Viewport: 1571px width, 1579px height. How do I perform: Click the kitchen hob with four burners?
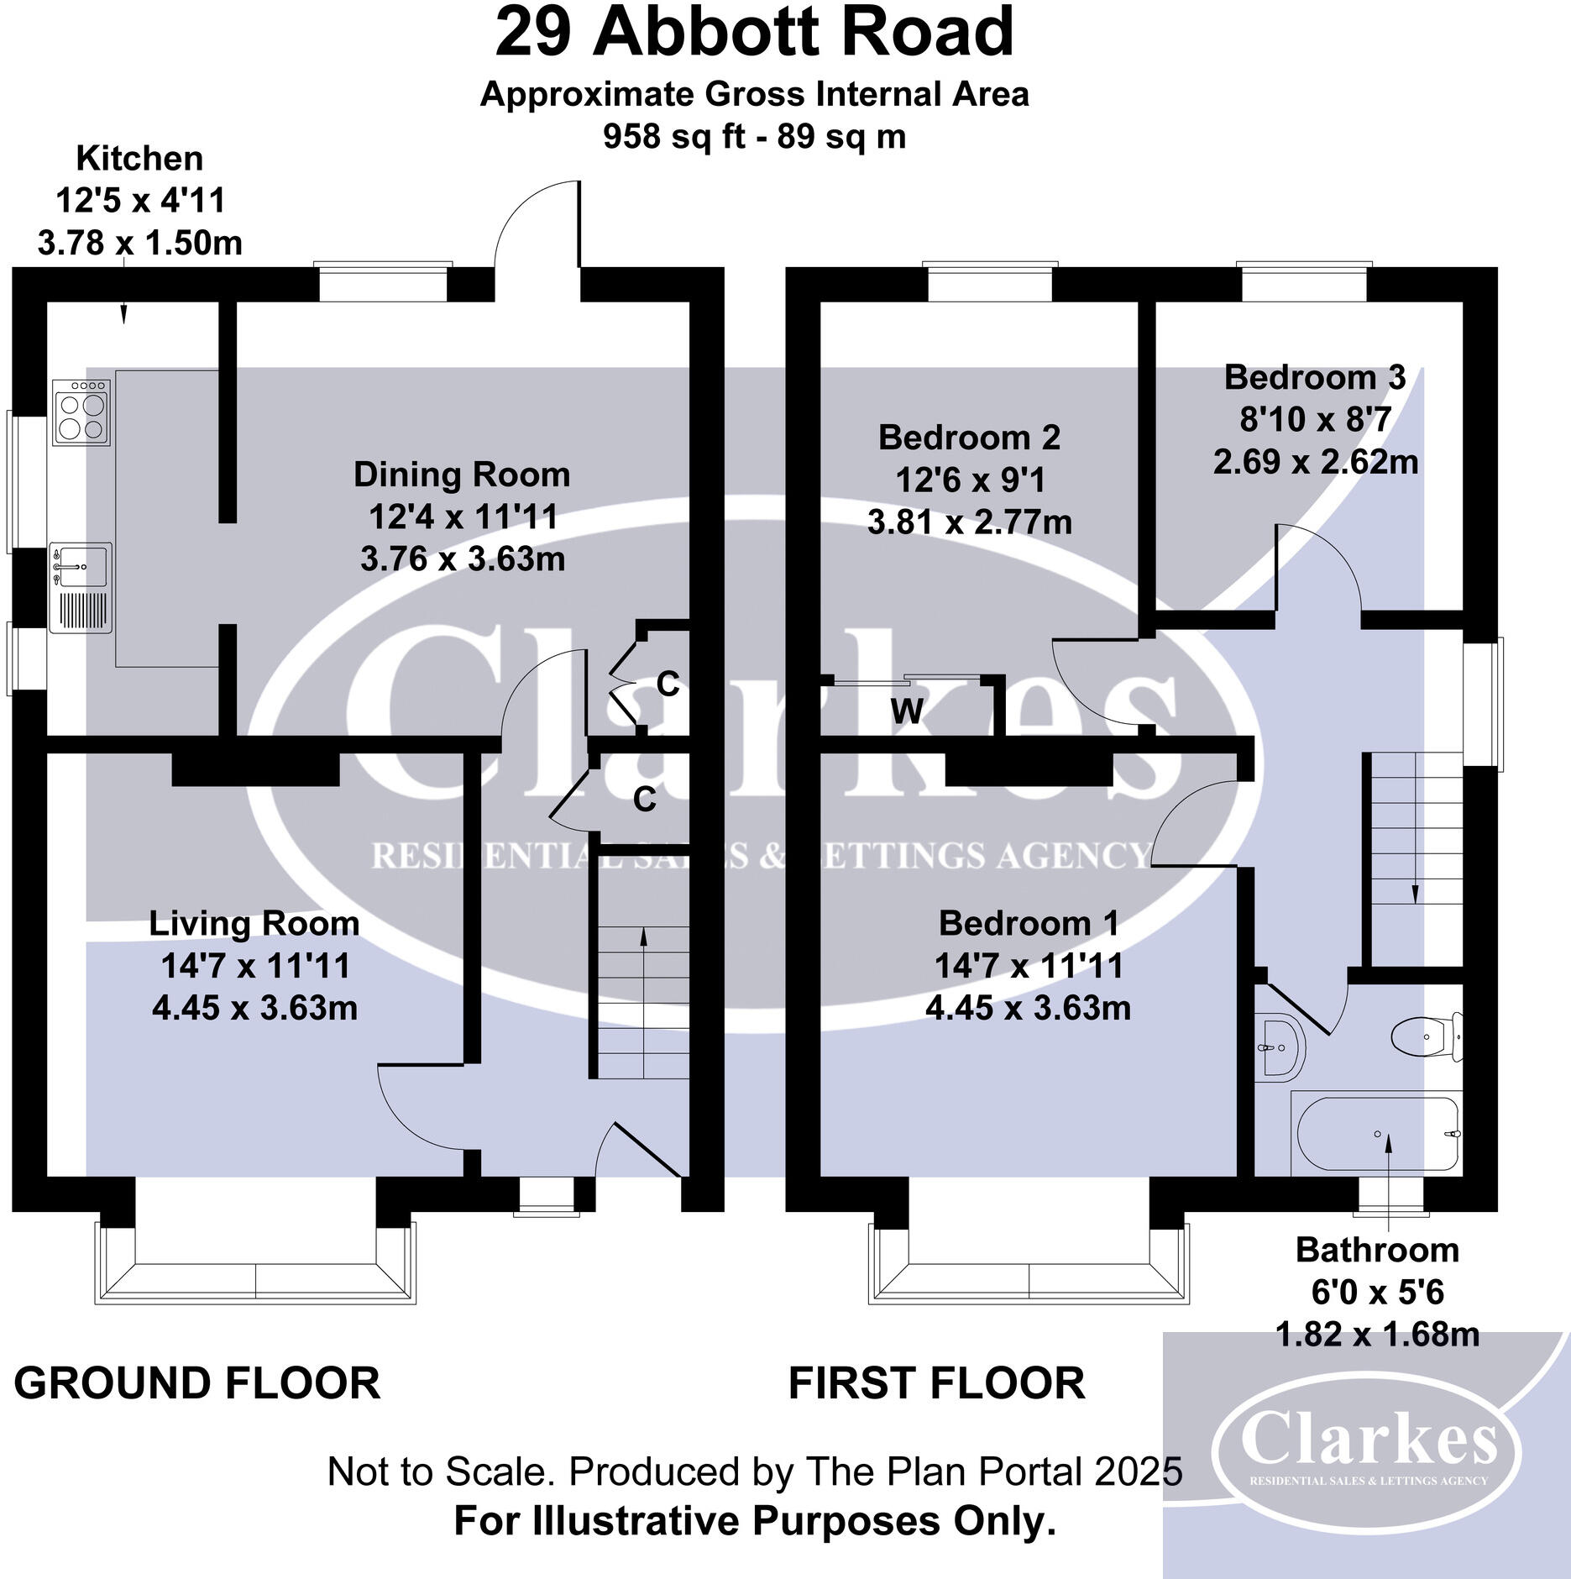point(81,412)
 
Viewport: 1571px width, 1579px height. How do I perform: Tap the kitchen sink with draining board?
point(81,588)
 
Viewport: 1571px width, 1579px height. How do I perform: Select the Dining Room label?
point(461,475)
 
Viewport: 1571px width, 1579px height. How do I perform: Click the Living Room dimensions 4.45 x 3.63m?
point(254,1007)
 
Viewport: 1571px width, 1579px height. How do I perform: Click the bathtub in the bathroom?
point(1377,1134)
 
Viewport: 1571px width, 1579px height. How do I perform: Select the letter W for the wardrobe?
point(907,711)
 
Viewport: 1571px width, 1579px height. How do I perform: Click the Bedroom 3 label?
point(1314,377)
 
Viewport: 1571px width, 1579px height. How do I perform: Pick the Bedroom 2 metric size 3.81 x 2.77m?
point(969,522)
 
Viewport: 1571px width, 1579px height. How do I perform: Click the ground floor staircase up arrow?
point(644,941)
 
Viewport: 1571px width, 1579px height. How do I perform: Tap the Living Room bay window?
point(255,1268)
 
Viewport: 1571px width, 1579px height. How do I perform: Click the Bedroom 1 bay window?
point(1029,1268)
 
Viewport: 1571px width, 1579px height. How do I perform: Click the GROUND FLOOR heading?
point(197,1382)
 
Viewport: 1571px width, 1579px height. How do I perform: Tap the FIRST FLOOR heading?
point(936,1382)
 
